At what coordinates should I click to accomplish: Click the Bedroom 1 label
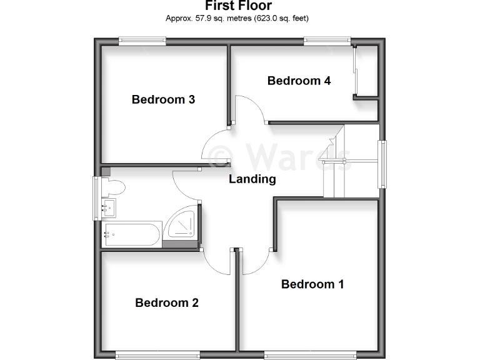312,284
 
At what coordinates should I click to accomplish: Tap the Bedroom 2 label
167,303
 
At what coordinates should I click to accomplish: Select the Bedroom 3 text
163,99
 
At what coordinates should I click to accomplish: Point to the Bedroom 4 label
299,81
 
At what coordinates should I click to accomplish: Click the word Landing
252,179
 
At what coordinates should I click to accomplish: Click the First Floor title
237,6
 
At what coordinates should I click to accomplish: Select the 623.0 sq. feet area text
280,18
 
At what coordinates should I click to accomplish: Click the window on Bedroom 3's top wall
143,41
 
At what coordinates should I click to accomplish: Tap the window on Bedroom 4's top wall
327,41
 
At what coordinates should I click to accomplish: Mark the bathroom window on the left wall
97,198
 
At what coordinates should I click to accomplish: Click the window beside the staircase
381,164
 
